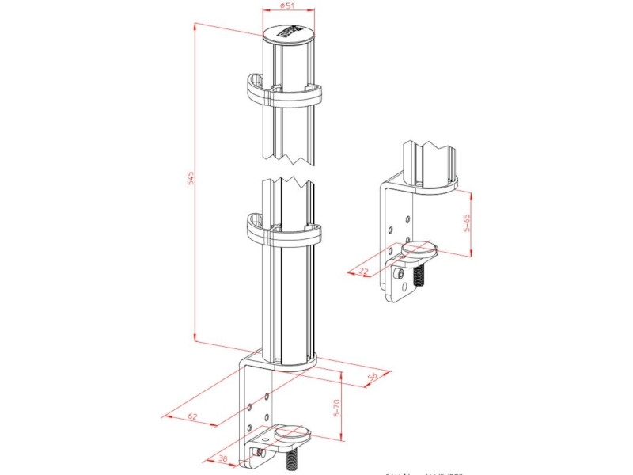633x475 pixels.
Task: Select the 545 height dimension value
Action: coord(190,179)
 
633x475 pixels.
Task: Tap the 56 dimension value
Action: coord(372,378)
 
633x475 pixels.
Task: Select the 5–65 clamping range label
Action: coord(468,222)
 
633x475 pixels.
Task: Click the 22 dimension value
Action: coord(363,272)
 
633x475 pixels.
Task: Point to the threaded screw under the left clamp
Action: coord(291,460)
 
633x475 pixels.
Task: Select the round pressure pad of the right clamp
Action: coord(419,252)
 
